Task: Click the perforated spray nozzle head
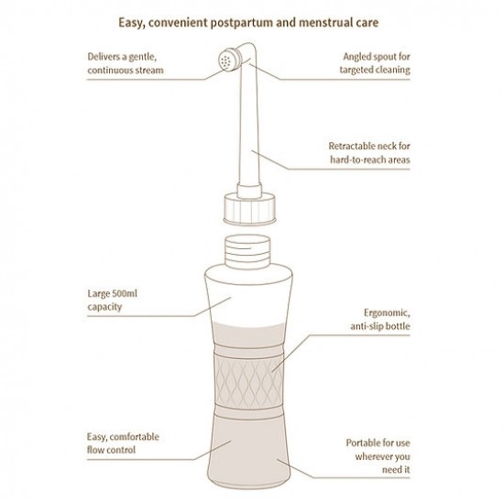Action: click(230, 60)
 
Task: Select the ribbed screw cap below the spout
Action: click(249, 209)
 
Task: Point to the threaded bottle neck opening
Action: click(247, 251)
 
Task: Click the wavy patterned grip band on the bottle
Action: click(248, 382)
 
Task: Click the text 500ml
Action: click(124, 293)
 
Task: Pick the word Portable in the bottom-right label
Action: click(362, 443)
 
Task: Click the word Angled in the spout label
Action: click(356, 57)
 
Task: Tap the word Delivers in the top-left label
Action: click(104, 57)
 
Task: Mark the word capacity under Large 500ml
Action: click(104, 307)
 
